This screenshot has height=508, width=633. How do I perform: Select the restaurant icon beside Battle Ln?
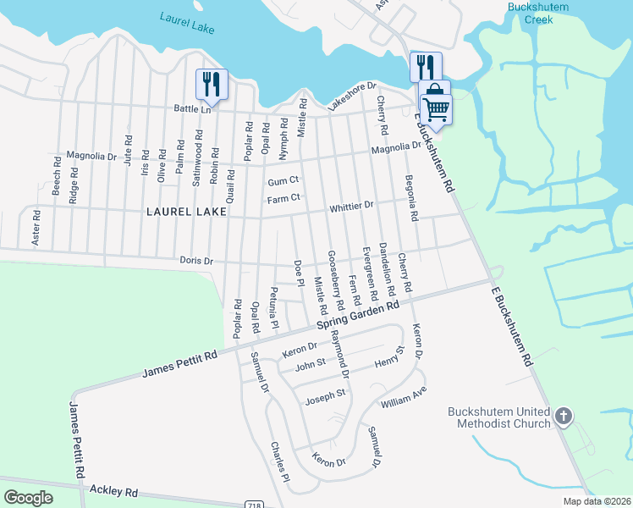click(x=208, y=85)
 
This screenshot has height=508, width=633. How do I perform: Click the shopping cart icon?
click(x=436, y=108)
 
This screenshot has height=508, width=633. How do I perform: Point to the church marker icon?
click(x=564, y=416)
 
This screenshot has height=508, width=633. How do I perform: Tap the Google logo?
click(x=29, y=497)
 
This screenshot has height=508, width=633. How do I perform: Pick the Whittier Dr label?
click(x=352, y=206)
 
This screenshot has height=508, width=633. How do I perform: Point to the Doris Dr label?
click(x=196, y=261)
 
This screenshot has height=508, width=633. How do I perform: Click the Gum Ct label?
click(x=283, y=181)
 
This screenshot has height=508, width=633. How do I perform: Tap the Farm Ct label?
click(x=283, y=199)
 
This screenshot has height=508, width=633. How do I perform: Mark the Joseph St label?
click(x=325, y=394)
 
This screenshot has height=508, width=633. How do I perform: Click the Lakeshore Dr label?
click(x=352, y=99)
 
